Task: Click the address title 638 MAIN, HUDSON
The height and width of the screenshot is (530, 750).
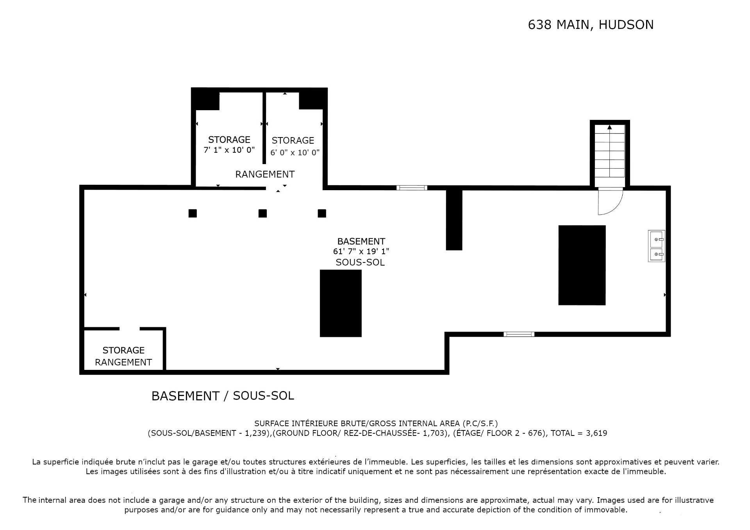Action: click(591, 25)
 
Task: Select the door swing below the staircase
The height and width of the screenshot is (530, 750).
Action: click(611, 202)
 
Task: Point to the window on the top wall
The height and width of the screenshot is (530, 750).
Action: click(412, 188)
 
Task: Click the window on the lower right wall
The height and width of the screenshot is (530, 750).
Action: click(519, 334)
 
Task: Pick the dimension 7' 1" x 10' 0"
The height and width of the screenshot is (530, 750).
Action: click(229, 150)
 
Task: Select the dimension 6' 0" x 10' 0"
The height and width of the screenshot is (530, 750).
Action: click(295, 152)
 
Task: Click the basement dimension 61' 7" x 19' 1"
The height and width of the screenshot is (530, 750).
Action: click(361, 252)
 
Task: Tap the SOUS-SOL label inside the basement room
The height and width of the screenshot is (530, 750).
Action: click(360, 262)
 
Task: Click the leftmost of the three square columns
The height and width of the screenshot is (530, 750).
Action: click(193, 213)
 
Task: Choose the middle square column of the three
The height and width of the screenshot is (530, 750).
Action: click(262, 213)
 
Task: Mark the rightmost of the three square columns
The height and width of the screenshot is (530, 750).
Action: click(322, 213)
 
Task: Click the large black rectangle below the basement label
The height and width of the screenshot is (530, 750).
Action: click(341, 303)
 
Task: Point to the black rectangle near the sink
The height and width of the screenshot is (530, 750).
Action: click(582, 265)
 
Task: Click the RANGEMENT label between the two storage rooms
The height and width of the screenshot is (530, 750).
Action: click(265, 174)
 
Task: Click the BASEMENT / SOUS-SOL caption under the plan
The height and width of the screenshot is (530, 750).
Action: click(223, 396)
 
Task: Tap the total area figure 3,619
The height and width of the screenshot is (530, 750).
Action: click(596, 433)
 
